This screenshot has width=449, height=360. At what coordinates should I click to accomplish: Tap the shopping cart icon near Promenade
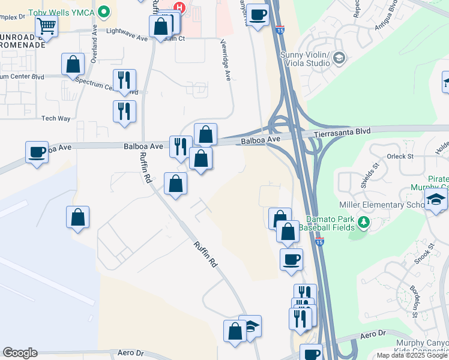46,26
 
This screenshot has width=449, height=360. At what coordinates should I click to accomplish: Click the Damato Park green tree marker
363,223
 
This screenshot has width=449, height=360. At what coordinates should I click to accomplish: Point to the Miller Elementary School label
378,205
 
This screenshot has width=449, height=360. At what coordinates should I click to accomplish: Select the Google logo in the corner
20,353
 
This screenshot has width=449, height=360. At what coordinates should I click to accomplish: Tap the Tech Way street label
56,118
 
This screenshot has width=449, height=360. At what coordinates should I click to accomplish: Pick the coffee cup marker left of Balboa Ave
37,151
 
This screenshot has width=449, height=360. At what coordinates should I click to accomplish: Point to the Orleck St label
400,156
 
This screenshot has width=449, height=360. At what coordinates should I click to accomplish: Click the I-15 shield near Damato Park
319,241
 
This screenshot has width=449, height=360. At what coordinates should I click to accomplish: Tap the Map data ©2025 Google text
412,355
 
